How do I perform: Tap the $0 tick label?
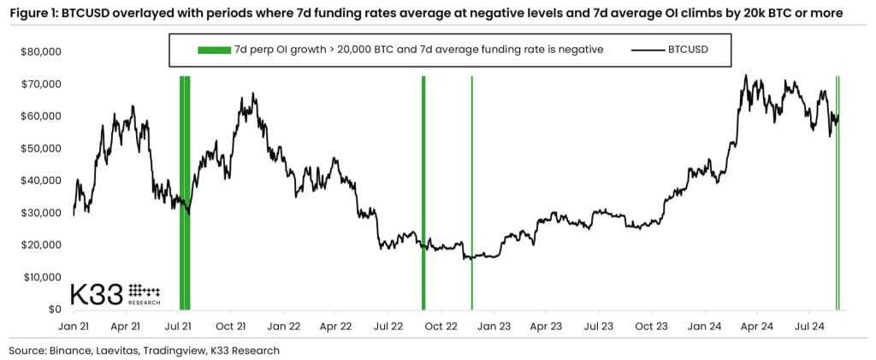[53, 310]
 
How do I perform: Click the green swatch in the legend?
[215, 50]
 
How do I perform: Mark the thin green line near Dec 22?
[471, 192]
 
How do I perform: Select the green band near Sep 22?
[423, 192]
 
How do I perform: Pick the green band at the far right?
[838, 192]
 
